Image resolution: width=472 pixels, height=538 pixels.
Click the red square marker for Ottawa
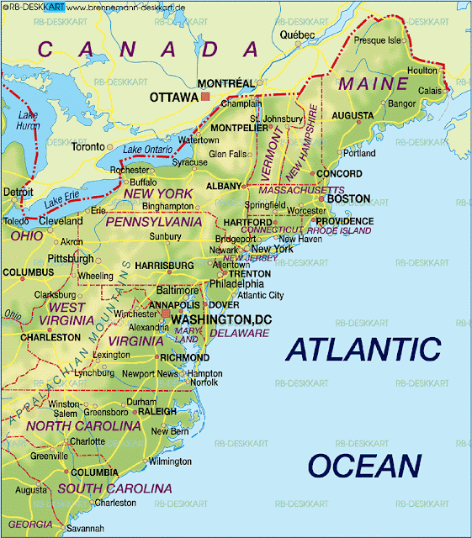[204, 98]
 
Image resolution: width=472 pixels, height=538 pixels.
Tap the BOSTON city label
[347, 199]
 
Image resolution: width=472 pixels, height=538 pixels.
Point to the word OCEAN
[363, 465]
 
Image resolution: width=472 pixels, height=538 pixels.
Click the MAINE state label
[373, 83]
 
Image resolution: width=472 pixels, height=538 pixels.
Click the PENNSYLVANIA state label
[154, 222]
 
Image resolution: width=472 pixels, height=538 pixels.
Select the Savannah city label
[85, 528]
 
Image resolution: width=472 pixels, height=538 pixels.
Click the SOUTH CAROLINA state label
[114, 488]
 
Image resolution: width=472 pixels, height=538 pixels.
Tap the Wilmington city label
[170, 462]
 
